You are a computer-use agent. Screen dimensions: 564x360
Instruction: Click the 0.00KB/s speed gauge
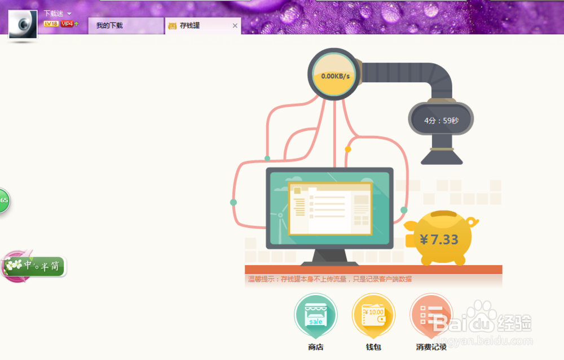[x=335, y=76]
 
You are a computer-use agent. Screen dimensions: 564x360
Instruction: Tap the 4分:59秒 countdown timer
[x=441, y=121]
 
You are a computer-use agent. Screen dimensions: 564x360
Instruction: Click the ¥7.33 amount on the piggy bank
[x=439, y=239]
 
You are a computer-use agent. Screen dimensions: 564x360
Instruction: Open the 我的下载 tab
[x=109, y=26]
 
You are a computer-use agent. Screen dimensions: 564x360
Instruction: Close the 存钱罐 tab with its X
[x=235, y=26]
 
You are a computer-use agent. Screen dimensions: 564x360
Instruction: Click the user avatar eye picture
[x=23, y=25]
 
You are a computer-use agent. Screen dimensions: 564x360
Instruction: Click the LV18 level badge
[x=51, y=24]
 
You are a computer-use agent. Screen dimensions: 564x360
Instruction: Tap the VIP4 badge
[x=67, y=24]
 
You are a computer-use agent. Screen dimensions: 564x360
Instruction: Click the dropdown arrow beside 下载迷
[x=69, y=13]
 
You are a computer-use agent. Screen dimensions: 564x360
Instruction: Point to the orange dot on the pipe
[x=348, y=150]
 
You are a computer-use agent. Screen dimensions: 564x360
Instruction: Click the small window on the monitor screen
[x=330, y=208]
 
